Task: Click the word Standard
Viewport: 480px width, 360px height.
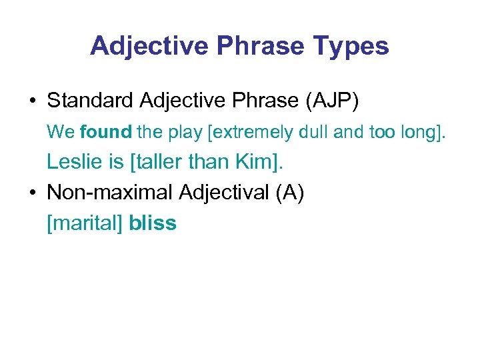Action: click(91, 101)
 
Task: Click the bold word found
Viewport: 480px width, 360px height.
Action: click(105, 133)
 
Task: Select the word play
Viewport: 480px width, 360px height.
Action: click(183, 133)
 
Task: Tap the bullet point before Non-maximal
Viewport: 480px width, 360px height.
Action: click(33, 193)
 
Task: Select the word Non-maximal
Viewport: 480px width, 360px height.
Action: click(110, 193)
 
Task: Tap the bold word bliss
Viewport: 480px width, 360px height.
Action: click(153, 223)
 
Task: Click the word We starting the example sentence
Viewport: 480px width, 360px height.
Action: click(61, 133)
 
